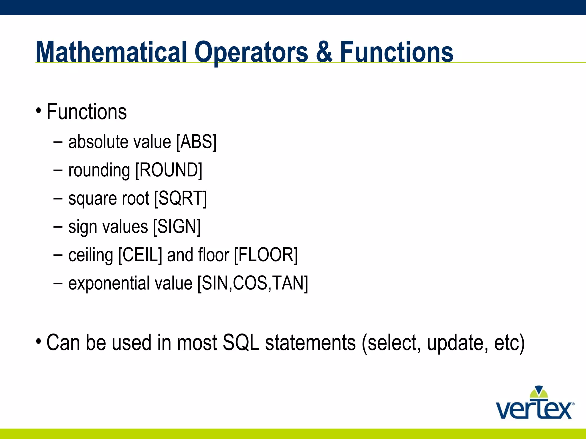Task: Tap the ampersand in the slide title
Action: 324,52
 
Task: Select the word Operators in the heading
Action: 251,53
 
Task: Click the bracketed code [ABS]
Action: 196,142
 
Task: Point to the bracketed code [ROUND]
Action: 169,170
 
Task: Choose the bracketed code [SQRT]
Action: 180,198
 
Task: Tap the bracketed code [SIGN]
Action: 177,227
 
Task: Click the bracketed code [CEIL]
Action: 140,255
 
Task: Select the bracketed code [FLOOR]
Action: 266,255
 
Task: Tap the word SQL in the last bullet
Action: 241,342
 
